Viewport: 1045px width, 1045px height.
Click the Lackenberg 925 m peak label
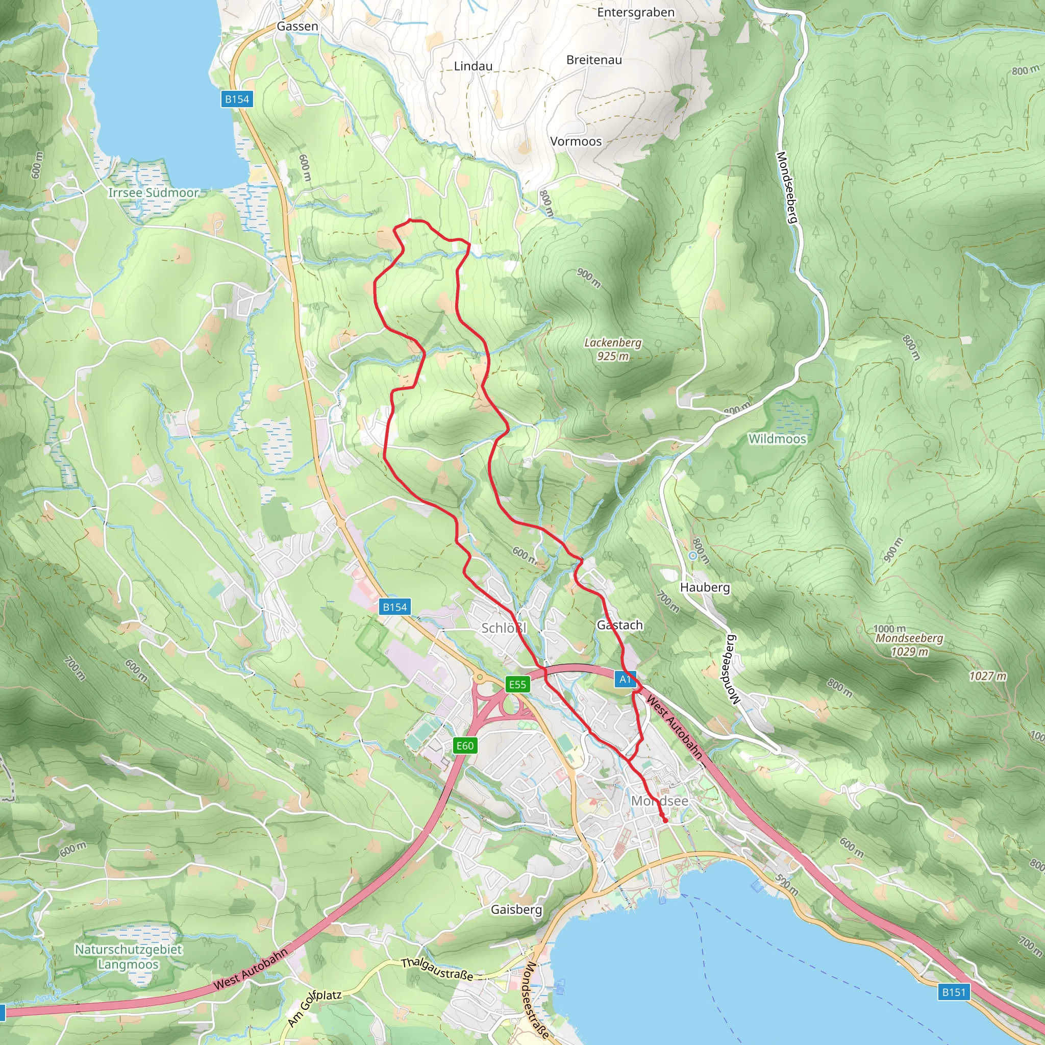tap(612, 349)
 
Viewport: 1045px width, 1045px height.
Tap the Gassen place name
tap(297, 26)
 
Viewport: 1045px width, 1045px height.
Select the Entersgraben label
tap(636, 12)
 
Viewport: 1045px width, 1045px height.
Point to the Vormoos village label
tap(576, 141)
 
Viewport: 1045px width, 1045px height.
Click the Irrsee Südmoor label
tap(153, 192)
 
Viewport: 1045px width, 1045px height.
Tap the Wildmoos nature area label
tap(777, 439)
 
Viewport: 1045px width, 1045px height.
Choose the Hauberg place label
tap(704, 587)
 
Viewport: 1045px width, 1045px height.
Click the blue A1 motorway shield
tap(624, 679)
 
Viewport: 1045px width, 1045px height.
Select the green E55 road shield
tap(517, 684)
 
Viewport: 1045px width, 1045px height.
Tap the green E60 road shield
tap(465, 746)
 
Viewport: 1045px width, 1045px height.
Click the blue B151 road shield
tap(953, 992)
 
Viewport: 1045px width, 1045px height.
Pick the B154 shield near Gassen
tap(237, 99)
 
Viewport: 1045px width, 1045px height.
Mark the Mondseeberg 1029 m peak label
tap(909, 645)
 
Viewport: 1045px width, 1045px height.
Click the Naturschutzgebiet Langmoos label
tap(128, 957)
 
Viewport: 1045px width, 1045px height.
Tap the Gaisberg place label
tap(516, 909)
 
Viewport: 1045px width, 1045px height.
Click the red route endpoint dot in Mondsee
tap(665, 821)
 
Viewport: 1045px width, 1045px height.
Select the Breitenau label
tap(594, 60)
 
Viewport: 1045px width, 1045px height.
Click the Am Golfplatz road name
tap(314, 1009)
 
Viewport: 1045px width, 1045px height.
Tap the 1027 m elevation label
tap(988, 676)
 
